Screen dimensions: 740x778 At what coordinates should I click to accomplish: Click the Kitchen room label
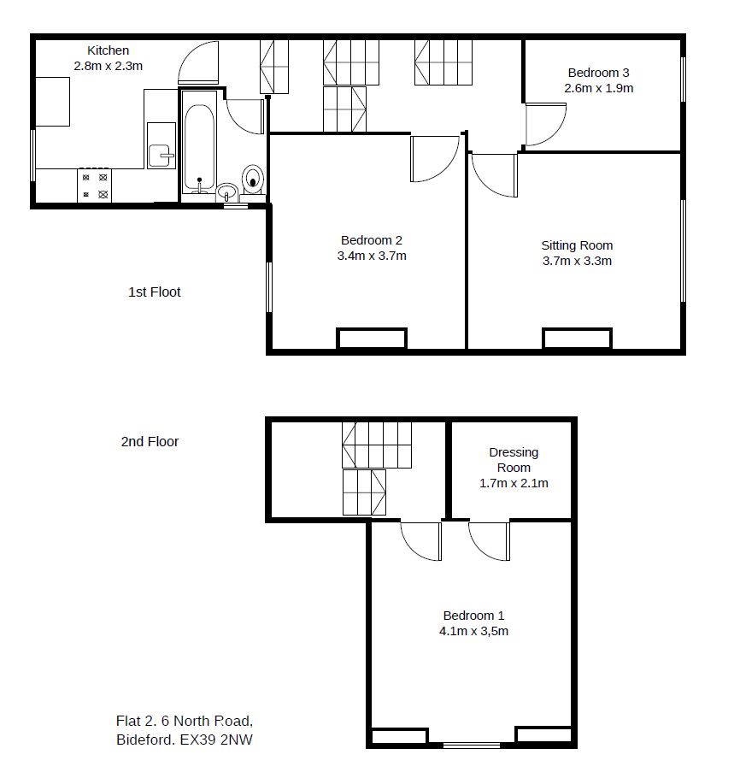point(109,50)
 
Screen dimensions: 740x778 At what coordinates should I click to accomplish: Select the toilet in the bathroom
point(253,180)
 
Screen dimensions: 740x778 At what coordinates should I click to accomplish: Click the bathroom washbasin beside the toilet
point(227,192)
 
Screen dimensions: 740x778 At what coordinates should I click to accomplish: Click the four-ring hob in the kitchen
point(94,186)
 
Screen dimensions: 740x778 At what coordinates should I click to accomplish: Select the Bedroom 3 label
point(599,73)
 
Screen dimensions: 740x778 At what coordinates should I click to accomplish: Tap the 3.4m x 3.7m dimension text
point(372,256)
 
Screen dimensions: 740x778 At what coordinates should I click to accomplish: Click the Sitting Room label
point(577,245)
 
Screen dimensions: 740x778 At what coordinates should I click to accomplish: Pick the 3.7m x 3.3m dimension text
point(577,261)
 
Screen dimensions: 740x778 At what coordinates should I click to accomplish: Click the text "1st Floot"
point(155,292)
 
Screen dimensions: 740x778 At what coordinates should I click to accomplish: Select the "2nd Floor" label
point(150,442)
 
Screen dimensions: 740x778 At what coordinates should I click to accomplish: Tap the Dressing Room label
point(514,460)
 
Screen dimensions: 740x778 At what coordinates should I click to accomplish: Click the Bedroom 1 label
point(473,616)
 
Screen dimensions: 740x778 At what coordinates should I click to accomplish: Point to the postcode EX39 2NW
point(216,740)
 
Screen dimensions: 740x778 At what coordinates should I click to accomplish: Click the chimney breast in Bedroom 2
point(372,339)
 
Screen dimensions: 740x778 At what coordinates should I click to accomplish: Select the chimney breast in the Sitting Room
point(578,339)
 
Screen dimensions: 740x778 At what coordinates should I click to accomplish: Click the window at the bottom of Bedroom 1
point(471,746)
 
